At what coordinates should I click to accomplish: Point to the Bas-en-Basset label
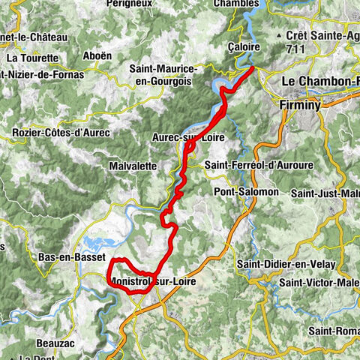[70, 256]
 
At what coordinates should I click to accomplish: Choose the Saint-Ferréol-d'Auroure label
[259, 165]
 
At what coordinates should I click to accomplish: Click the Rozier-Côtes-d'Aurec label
[61, 133]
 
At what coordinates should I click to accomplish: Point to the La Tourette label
[31, 57]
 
